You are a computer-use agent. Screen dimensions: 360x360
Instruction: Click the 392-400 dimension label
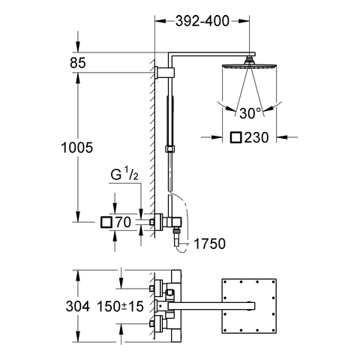(202, 21)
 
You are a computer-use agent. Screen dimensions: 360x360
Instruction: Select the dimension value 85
(78, 63)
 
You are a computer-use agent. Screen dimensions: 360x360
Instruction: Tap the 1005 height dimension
(77, 148)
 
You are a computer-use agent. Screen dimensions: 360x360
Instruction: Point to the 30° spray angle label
(250, 113)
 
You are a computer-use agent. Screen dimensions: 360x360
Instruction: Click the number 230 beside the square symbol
(256, 137)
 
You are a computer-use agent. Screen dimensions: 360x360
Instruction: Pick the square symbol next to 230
(236, 137)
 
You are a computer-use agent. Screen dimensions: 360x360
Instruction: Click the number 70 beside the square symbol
(123, 222)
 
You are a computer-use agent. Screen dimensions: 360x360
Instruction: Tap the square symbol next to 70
(106, 222)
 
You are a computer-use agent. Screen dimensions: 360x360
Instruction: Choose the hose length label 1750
(210, 244)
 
